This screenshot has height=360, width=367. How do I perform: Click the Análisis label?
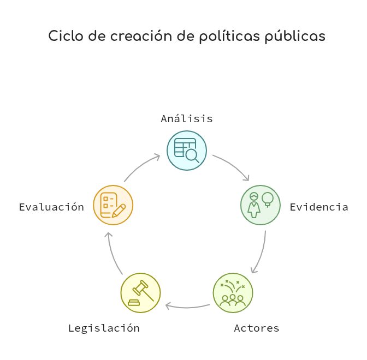click(187, 118)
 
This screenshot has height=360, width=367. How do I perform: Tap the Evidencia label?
click(319, 207)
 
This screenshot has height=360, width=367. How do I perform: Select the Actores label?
click(257, 328)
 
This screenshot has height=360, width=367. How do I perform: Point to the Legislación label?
click(104, 329)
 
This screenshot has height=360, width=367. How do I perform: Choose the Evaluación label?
click(51, 207)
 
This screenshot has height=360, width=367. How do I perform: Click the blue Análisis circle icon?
click(187, 151)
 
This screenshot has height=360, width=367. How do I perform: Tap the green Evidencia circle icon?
click(261, 205)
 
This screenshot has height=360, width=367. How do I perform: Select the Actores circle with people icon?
click(233, 293)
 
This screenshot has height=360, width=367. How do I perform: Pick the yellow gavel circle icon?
click(141, 293)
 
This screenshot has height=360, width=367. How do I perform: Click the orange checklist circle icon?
click(113, 205)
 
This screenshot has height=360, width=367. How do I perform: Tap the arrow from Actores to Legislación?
click(187, 308)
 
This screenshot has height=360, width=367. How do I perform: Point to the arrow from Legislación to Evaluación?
click(112, 254)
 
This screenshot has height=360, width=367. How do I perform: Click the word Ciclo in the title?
click(66, 36)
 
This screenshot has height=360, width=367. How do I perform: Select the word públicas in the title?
click(295, 37)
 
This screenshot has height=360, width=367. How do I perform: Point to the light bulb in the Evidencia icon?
click(268, 200)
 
